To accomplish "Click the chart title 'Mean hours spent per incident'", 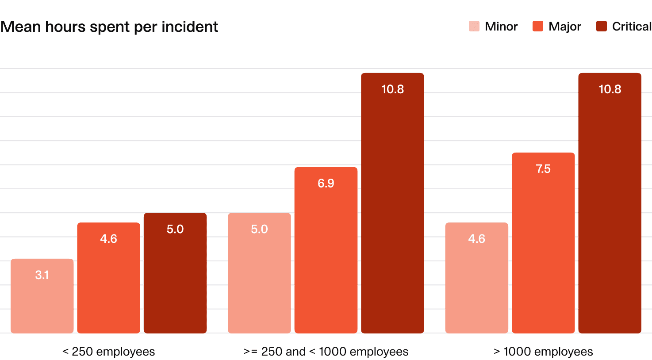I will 109,27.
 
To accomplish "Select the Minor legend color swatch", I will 474,27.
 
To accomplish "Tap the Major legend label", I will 564,27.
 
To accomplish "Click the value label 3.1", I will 42,275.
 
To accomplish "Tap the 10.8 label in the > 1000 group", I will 610,89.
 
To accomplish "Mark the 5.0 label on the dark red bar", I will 175,229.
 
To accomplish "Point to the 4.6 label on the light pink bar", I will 476,239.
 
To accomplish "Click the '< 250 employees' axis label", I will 108,352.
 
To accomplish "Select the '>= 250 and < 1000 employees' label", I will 326,352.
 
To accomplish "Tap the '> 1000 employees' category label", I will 543,352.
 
